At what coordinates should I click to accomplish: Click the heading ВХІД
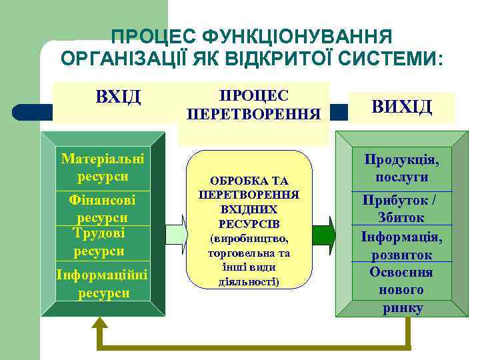118,97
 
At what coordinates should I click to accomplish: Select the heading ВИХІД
401,106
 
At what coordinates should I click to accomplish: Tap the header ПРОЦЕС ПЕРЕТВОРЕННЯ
253,104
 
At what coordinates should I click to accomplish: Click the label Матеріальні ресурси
103,168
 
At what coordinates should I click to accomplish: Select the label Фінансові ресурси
103,208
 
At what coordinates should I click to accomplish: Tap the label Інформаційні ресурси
103,283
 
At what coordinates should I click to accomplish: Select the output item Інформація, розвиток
401,245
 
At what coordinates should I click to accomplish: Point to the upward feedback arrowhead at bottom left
100,325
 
